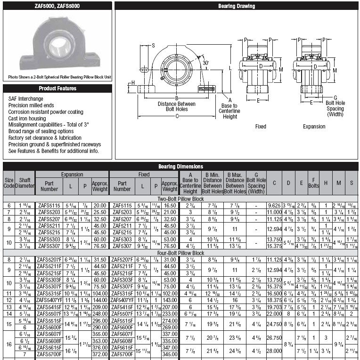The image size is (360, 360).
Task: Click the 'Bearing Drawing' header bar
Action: pyautogui.click(x=236, y=6)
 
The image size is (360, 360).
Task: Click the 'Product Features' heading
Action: pyautogui.click(x=57, y=88)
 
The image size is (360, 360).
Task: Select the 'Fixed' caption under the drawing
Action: pyautogui.click(x=261, y=127)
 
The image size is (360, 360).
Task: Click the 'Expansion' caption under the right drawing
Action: pyautogui.click(x=314, y=127)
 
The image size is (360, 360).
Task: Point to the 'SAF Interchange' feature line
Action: pyautogui.click(x=26, y=99)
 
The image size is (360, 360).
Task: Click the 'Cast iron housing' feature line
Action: pyautogui.click(x=27, y=119)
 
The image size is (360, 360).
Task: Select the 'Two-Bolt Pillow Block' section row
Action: pyautogui.click(x=180, y=200)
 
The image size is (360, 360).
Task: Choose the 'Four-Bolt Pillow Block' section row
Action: pyautogui.click(x=180, y=253)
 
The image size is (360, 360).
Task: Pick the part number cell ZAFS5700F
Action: pyautogui.click(x=49, y=354)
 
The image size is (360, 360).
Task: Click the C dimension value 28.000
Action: pyautogui.click(x=274, y=351)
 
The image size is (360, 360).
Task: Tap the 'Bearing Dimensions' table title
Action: pyautogui.click(x=180, y=166)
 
